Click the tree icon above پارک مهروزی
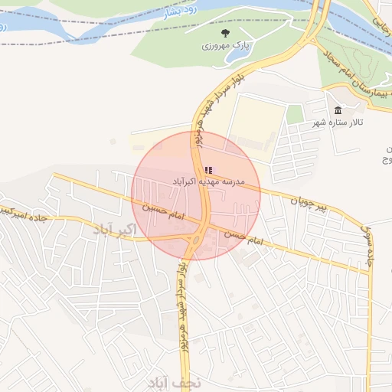(225, 33)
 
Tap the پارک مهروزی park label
(226, 46)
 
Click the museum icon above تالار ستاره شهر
(338, 111)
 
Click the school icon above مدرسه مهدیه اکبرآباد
(208, 170)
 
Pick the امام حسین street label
(163, 214)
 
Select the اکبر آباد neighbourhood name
(114, 229)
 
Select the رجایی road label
(383, 30)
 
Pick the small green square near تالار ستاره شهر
(295, 115)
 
